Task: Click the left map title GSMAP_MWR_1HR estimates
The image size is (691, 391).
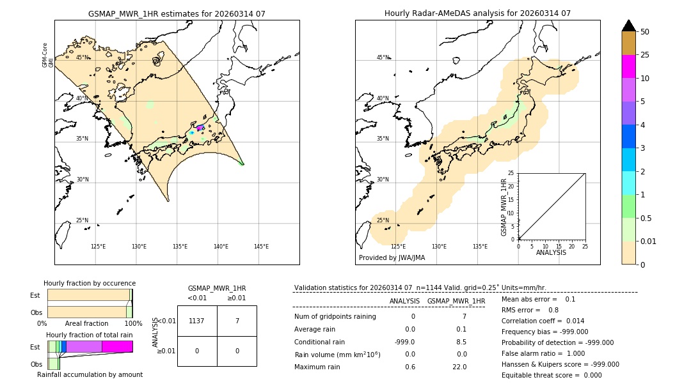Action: point(177,13)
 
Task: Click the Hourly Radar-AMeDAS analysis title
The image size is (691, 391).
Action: point(477,13)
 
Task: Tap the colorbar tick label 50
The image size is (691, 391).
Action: point(645,32)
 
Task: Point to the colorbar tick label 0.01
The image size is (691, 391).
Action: point(649,241)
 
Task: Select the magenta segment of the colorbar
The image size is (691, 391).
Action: point(628,66)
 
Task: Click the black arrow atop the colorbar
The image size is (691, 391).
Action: point(628,26)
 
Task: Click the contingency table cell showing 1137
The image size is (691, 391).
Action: point(197,321)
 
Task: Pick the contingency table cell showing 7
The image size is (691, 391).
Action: point(237,321)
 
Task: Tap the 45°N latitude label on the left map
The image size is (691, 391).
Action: point(83,57)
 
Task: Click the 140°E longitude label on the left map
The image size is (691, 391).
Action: point(221,247)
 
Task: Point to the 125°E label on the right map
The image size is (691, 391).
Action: point(398,247)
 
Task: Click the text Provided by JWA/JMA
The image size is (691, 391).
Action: point(392,258)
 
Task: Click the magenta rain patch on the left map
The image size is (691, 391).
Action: point(200,128)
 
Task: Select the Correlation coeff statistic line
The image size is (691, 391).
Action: point(543,321)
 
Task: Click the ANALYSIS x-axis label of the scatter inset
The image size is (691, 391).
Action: point(551,252)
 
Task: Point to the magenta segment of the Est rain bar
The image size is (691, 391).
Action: point(117,346)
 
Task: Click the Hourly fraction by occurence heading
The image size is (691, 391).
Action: point(90,283)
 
